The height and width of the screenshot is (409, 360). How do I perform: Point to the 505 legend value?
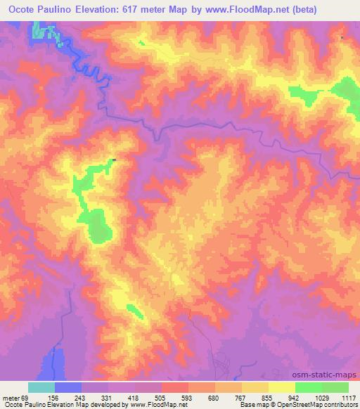161,397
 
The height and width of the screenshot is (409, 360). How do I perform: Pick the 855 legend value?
269,397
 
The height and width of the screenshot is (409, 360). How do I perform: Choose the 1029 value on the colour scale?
323,397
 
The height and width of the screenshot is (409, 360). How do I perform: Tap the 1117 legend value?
348,397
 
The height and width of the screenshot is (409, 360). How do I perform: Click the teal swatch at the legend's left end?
41,387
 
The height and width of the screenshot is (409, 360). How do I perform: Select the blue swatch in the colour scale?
68,387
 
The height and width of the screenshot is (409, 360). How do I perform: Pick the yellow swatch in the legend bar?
281,387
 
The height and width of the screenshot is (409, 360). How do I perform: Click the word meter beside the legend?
12,397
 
